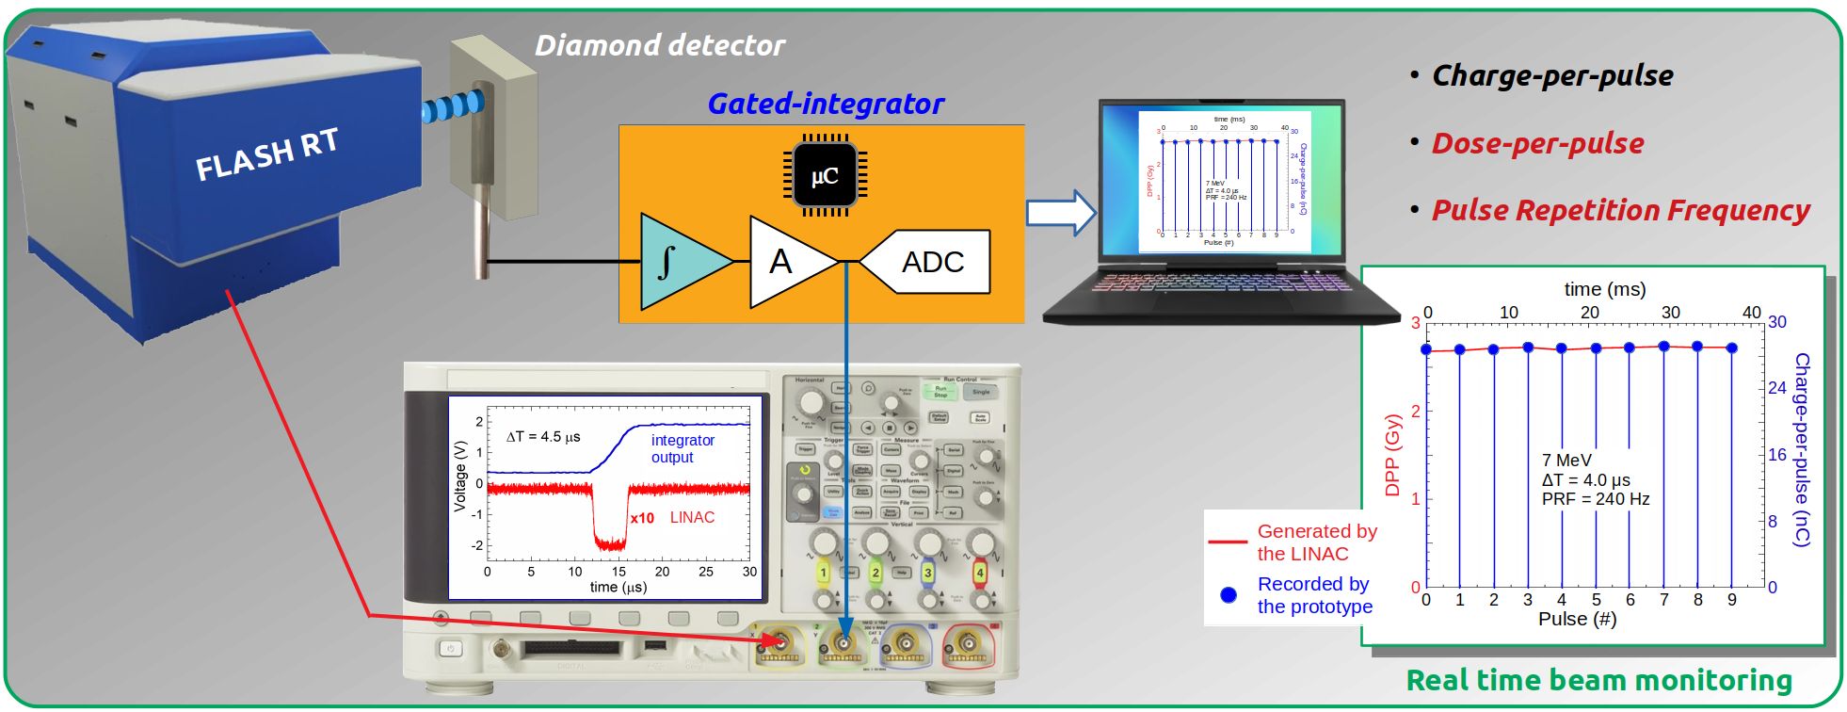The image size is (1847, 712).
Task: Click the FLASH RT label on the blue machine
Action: pos(266,154)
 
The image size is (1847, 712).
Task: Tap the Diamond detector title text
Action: pos(659,45)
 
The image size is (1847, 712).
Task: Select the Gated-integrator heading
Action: pos(825,104)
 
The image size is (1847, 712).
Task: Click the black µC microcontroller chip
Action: pos(824,175)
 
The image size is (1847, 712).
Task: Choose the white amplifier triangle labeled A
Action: pos(787,262)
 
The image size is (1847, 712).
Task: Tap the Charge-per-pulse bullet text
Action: pos(1551,76)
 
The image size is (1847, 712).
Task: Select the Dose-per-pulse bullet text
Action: pos(1536,144)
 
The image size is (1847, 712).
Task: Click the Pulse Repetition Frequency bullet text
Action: pos(1619,211)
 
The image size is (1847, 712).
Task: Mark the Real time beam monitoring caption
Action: pos(1598,680)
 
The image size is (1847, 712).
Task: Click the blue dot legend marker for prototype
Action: pos(1229,595)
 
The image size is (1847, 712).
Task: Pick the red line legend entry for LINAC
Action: pos(1228,542)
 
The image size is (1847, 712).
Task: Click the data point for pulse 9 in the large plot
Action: pos(1731,348)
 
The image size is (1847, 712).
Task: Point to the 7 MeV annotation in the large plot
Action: pos(1566,461)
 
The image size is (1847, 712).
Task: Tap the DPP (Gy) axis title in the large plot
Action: pos(1393,457)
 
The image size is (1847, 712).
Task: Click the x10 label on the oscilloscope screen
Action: pos(642,518)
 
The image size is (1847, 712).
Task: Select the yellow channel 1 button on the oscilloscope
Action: pos(823,573)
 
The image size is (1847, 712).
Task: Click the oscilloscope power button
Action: pos(450,649)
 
